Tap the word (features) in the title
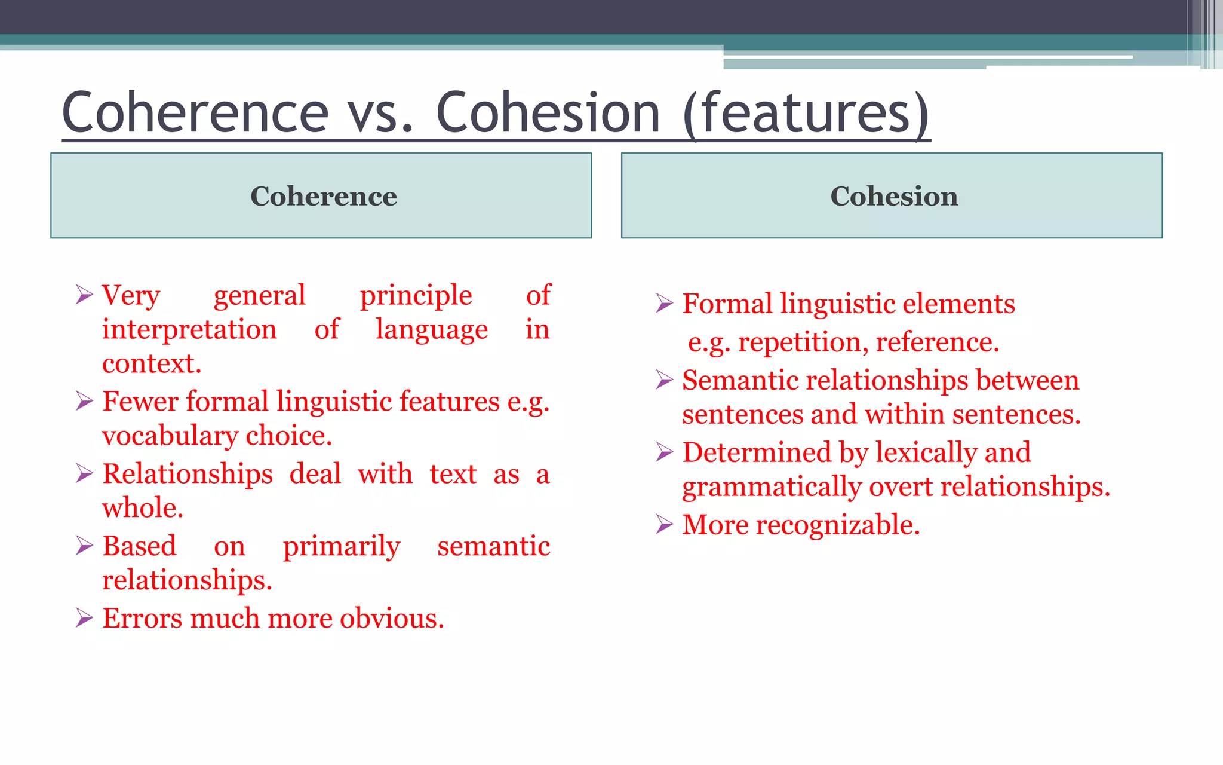tap(806, 114)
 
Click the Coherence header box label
tap(323, 196)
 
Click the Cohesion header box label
tap(894, 196)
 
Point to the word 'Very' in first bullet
tap(131, 295)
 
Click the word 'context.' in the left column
tap(152, 363)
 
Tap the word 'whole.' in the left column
tap(143, 508)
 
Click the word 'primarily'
tap(341, 546)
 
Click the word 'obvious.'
tap(392, 618)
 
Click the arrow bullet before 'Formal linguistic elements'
tap(664, 303)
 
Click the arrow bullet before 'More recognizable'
tap(664, 524)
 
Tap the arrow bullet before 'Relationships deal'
tap(84, 473)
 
